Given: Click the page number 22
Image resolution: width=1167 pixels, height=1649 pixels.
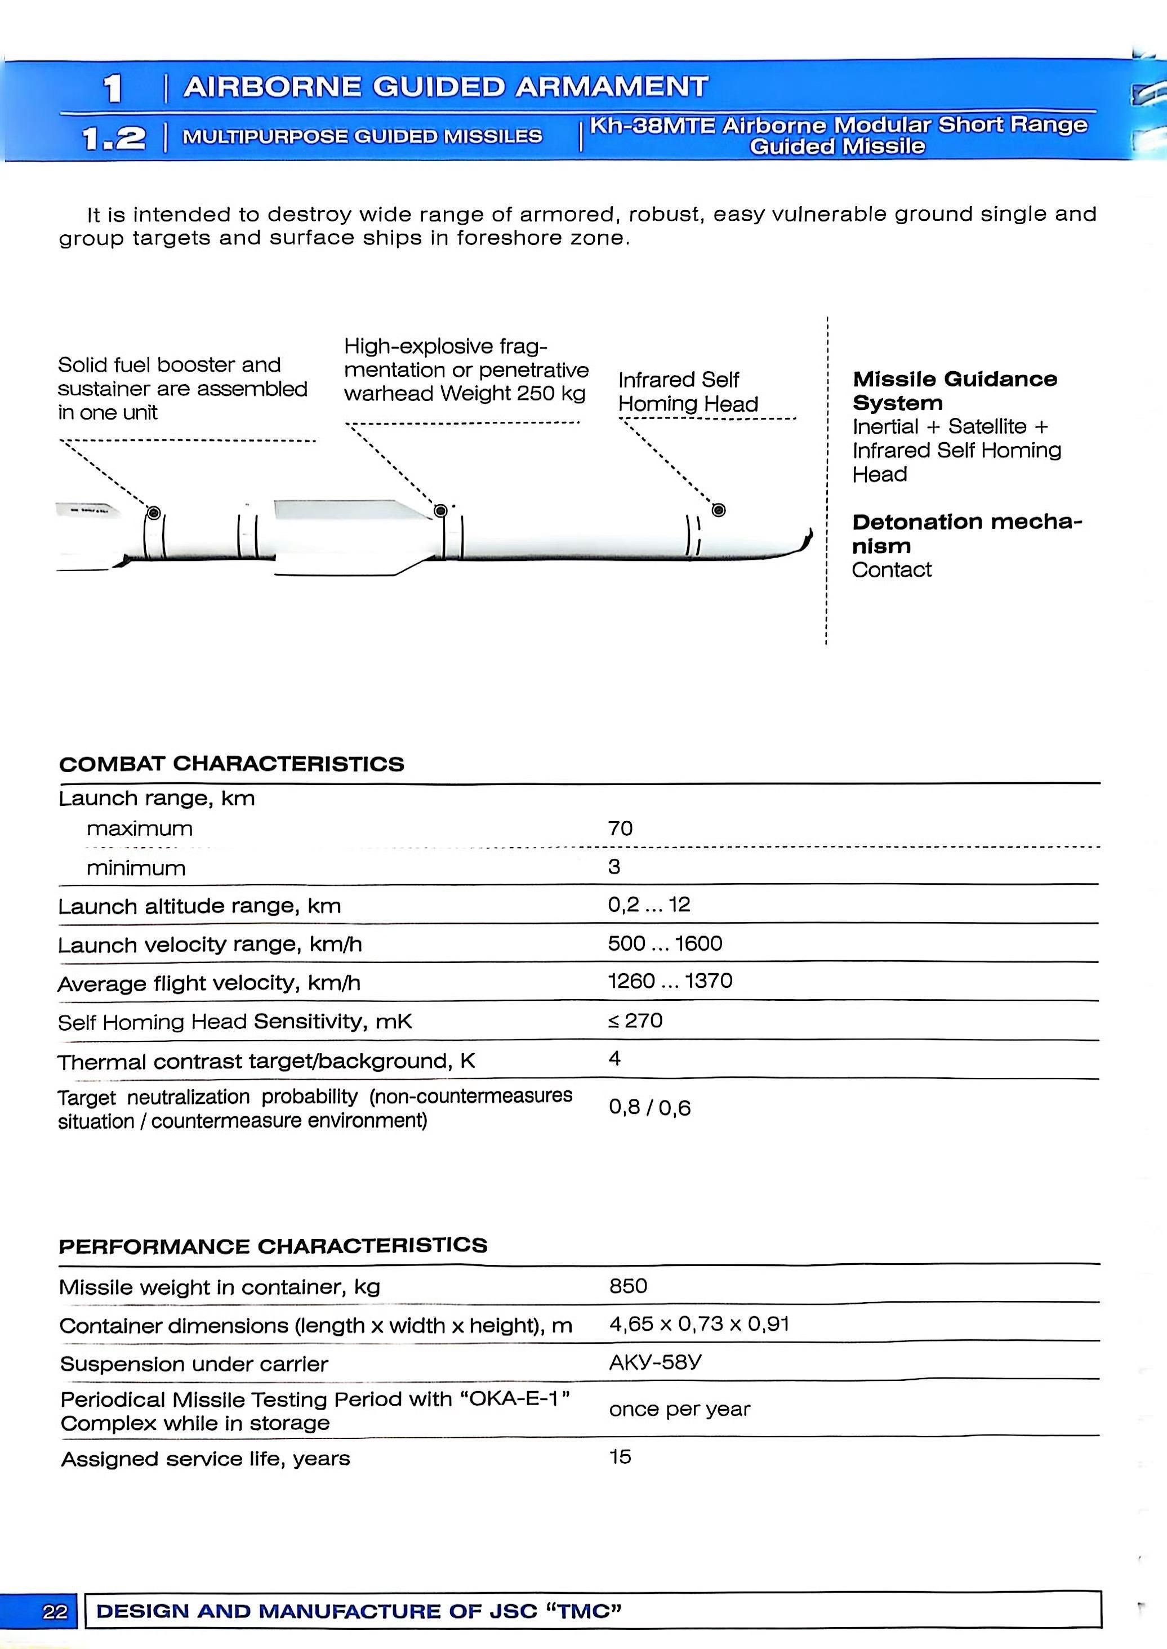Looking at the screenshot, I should tap(55, 1611).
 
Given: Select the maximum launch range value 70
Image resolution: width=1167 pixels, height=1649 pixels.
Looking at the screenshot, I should tap(620, 828).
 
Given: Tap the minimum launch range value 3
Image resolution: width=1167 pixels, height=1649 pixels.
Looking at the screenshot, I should tap(614, 867).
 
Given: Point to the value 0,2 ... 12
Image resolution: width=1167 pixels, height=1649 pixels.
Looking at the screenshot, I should tap(649, 904).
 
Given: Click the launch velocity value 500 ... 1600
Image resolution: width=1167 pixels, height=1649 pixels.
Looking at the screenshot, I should tap(665, 943).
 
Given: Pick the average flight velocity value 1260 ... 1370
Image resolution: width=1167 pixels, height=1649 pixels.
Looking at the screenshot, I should tap(670, 981).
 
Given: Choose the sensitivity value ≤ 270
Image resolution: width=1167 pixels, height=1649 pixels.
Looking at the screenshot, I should tap(635, 1020).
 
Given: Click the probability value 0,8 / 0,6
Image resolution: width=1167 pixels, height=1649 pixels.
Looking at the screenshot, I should tap(649, 1107).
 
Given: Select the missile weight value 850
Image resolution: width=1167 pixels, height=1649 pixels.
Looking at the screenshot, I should tap(628, 1285).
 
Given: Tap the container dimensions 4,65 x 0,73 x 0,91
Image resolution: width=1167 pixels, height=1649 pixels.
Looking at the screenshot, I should tap(699, 1323).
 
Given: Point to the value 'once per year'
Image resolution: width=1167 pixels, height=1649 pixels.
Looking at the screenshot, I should tap(679, 1409).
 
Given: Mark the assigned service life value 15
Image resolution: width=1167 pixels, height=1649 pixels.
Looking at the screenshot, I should tap(620, 1456).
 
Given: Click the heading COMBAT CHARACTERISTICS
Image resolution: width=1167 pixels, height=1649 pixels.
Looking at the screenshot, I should tap(231, 764).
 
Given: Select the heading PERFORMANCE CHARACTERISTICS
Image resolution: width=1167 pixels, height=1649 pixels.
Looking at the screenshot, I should tap(273, 1245).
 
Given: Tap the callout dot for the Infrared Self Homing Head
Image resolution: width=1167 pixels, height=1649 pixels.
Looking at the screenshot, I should tap(718, 510).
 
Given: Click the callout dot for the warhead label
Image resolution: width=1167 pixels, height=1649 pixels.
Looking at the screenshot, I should tap(441, 511).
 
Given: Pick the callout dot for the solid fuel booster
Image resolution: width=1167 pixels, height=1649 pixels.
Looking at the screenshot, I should tap(153, 513).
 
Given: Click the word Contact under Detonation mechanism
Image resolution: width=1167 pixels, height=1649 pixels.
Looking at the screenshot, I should tap(891, 570).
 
